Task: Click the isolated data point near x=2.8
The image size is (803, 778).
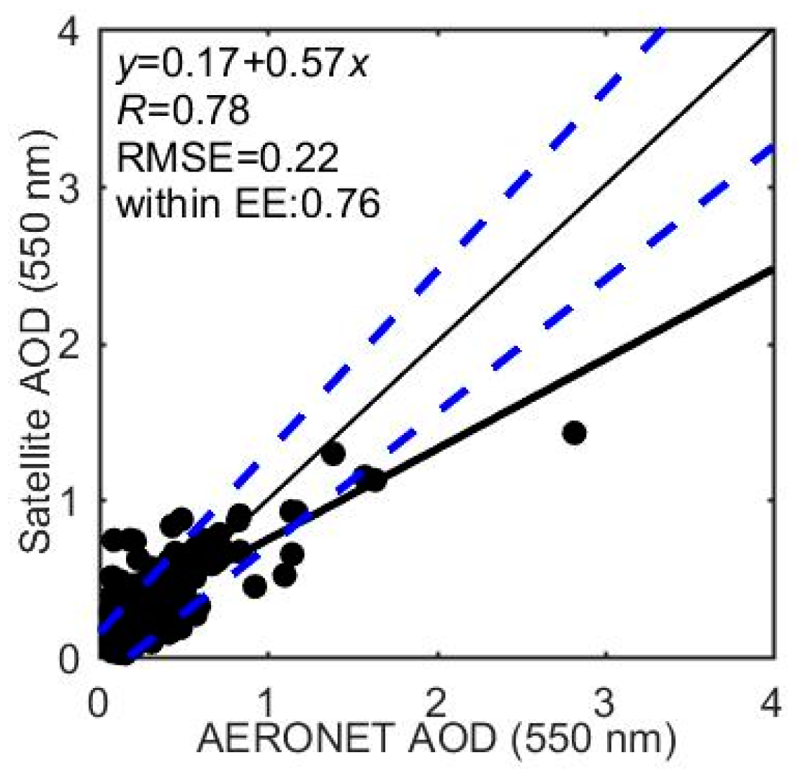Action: (575, 433)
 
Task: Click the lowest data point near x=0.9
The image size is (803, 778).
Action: (254, 586)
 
